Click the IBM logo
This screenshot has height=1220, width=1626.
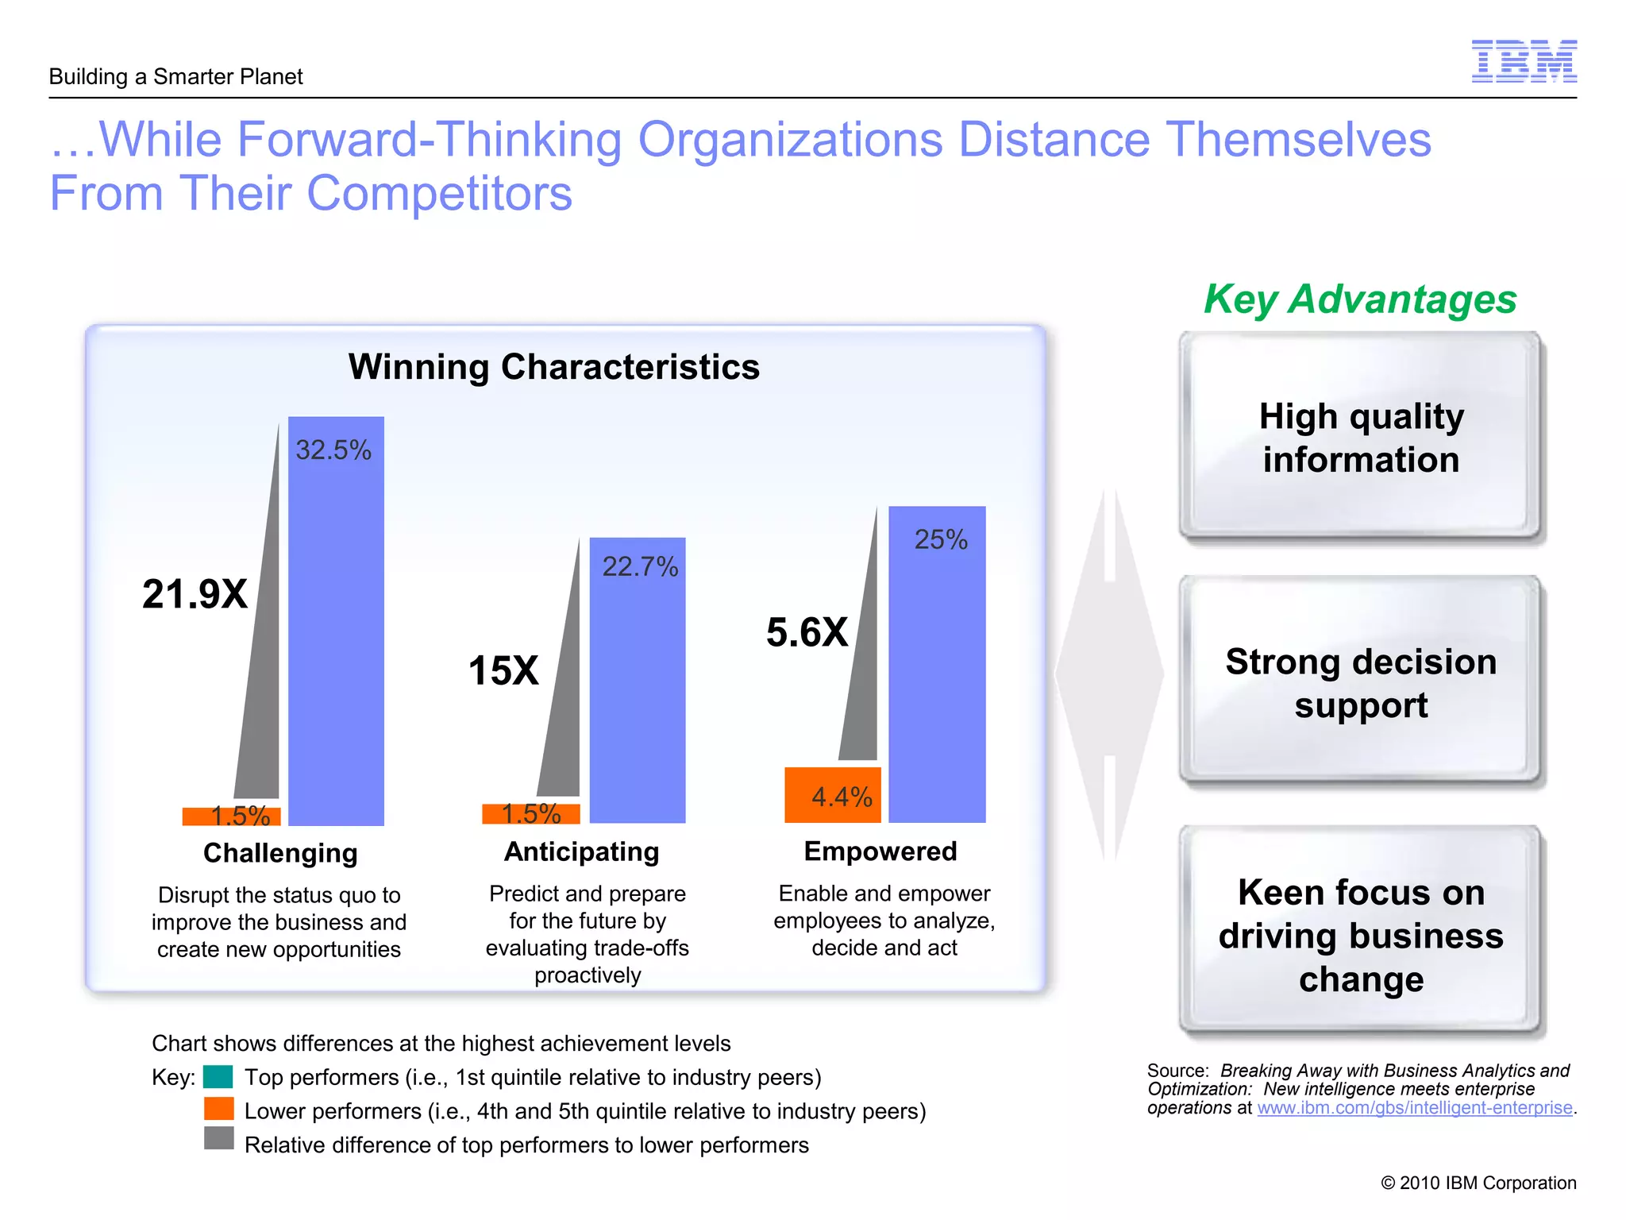(x=1524, y=61)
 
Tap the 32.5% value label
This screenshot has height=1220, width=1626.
(x=333, y=450)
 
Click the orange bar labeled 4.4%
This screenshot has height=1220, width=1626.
(x=832, y=794)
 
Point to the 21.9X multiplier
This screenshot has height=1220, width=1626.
(x=195, y=594)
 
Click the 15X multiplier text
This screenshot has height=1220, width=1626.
(x=503, y=670)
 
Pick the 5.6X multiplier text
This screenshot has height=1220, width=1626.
(x=807, y=632)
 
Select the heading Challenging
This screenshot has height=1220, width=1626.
(x=280, y=853)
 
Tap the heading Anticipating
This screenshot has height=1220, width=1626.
(x=581, y=851)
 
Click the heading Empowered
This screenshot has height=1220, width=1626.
(x=880, y=851)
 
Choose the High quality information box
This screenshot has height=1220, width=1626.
(x=1361, y=438)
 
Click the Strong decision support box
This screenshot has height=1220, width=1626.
(x=1361, y=682)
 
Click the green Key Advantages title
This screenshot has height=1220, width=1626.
(x=1359, y=299)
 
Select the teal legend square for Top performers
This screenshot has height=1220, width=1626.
(x=218, y=1077)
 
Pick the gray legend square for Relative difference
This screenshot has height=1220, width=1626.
(x=218, y=1138)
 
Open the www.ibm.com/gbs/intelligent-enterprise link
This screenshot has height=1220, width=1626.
(x=1414, y=1108)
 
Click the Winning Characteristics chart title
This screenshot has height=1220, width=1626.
(x=554, y=367)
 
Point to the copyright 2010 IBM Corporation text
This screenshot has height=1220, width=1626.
(x=1478, y=1183)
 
